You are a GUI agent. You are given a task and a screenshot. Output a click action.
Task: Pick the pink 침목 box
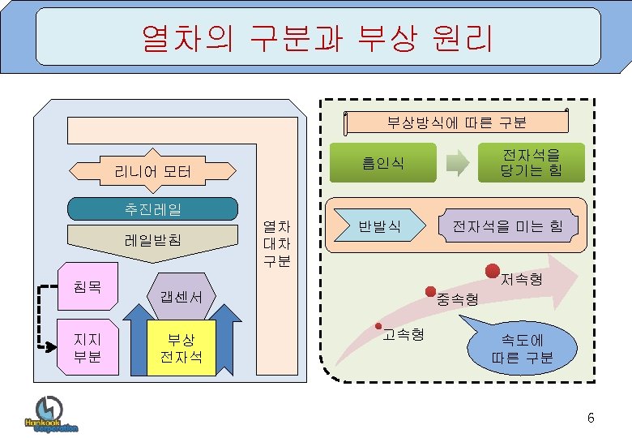86,286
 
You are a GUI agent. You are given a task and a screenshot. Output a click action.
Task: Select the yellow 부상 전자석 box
181,348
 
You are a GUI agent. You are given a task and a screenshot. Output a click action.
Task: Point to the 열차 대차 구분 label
277,243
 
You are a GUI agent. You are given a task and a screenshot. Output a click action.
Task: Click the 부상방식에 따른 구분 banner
455,122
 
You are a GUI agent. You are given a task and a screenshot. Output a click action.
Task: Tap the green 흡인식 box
382,162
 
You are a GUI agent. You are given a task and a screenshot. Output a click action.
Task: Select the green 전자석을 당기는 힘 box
531,162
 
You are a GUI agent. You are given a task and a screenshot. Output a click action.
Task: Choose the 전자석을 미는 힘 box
507,225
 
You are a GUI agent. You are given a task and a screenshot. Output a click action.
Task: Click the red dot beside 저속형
492,270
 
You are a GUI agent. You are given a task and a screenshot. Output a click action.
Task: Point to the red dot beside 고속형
378,327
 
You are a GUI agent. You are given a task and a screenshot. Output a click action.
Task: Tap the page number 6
591,418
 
